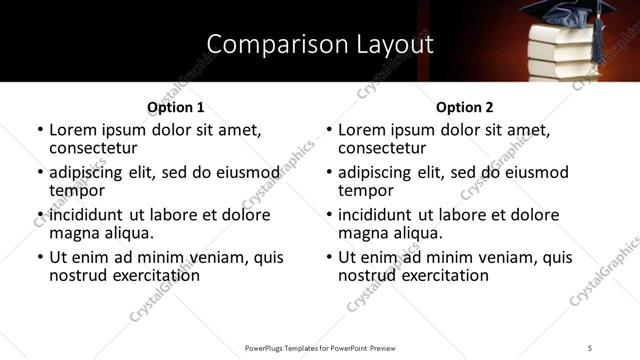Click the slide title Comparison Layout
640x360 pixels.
tap(320, 44)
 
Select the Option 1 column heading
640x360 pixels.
tap(175, 107)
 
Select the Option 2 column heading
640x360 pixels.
tap(465, 107)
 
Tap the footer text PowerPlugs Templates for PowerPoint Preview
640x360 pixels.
tap(320, 347)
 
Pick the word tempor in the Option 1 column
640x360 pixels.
tap(76, 190)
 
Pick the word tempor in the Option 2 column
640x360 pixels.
tap(366, 190)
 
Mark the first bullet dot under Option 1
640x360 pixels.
tap(40, 131)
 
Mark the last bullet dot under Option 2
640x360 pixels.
tap(329, 258)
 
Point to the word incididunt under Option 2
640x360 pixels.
tap(376, 215)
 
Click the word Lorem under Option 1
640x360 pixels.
tap(72, 130)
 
